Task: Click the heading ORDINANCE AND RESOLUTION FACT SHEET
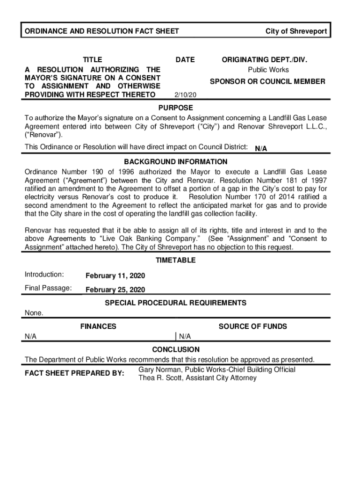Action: pos(101,31)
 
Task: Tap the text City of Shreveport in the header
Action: pos(296,31)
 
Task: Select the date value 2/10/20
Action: pos(185,95)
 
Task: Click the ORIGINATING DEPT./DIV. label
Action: pos(265,60)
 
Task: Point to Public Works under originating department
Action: pos(268,70)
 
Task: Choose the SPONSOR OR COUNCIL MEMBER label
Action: pos(267,81)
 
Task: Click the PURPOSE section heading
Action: pos(176,108)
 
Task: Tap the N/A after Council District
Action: pos(261,149)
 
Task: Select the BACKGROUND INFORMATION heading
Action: pos(176,162)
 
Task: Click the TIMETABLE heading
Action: pos(176,260)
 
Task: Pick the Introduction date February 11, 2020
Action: pos(115,276)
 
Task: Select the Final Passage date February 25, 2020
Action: pos(115,290)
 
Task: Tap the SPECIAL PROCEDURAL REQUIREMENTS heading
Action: pos(176,303)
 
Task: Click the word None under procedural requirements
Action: pos(34,313)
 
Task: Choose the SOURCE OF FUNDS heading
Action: pos(253,327)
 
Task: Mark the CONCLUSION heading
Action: pos(176,349)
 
